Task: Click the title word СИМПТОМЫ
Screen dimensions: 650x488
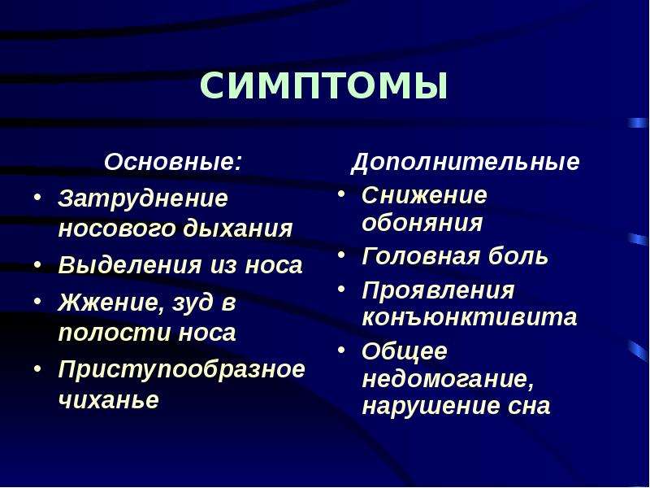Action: coord(323,86)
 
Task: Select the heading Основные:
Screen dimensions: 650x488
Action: coord(172,161)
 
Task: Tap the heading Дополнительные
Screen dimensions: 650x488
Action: coord(465,163)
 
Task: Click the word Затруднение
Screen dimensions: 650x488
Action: coord(143,199)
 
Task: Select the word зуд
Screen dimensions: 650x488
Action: coord(193,303)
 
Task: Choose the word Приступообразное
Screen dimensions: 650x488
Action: coord(181,368)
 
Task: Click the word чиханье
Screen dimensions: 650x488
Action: coord(109,399)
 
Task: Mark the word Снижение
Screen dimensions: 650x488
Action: coord(424,195)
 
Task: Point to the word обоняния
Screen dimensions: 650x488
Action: coord(422,223)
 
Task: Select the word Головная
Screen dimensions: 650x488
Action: coord(421,256)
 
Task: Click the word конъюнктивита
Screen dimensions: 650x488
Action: coord(470,317)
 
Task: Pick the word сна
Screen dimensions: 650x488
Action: coord(529,406)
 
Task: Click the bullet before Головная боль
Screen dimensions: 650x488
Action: coord(341,255)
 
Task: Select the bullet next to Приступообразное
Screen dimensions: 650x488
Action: coord(37,368)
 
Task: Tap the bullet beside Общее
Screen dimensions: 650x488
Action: coord(341,351)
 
